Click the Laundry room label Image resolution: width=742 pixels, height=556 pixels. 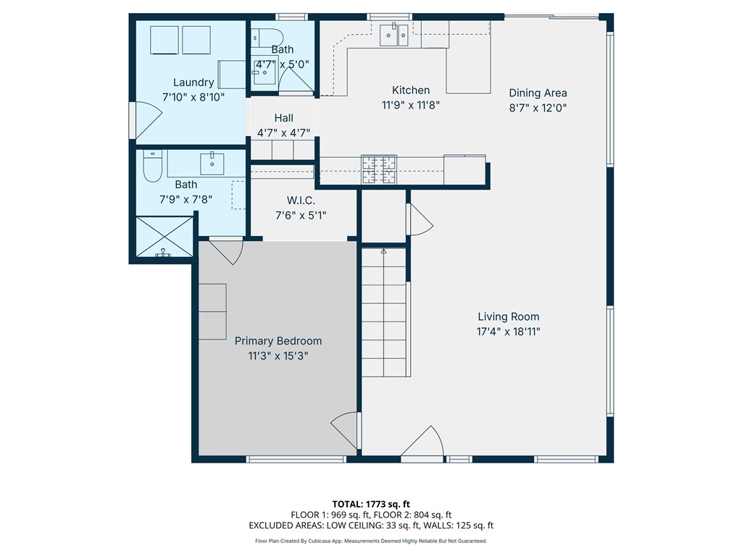click(x=193, y=83)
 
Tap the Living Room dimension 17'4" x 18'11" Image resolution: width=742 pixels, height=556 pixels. click(x=508, y=332)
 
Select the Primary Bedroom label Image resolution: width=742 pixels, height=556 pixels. click(x=278, y=341)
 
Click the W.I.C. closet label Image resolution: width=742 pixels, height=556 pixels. click(x=301, y=200)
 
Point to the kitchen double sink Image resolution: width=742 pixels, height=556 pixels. click(x=394, y=34)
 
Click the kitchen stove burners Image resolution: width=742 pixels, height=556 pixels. click(x=380, y=170)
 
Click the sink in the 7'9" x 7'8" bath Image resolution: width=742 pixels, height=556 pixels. click(x=212, y=163)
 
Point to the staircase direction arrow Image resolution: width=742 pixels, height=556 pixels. click(x=383, y=251)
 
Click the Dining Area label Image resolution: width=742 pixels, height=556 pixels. click(x=538, y=93)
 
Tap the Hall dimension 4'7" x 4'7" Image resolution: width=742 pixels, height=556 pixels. click(x=283, y=133)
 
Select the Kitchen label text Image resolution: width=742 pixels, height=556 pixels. click(x=411, y=90)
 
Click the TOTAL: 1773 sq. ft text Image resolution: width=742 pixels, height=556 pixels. click(x=370, y=503)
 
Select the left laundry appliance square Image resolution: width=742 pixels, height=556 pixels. click(x=164, y=40)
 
